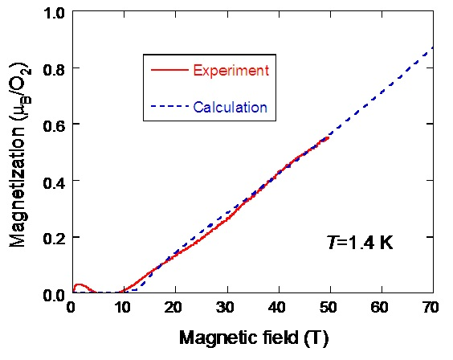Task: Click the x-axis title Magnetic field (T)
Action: tap(253, 338)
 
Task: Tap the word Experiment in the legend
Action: tap(231, 71)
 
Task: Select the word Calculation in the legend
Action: tap(230, 107)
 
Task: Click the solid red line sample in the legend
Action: tap(169, 71)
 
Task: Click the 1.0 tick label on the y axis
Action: tap(54, 13)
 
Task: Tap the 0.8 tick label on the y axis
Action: tap(54, 69)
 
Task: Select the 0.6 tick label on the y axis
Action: tap(54, 125)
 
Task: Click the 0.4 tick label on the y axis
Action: tap(54, 182)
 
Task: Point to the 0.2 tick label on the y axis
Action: tap(54, 238)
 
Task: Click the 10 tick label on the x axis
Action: tap(124, 308)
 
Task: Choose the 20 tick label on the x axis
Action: tap(175, 308)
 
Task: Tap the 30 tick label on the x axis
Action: tap(226, 308)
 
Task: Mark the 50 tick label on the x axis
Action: tap(330, 308)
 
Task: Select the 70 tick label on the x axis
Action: tap(432, 308)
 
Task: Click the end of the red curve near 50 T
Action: tap(329, 137)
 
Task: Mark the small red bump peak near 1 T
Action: tap(79, 285)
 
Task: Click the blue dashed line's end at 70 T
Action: tap(433, 47)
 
